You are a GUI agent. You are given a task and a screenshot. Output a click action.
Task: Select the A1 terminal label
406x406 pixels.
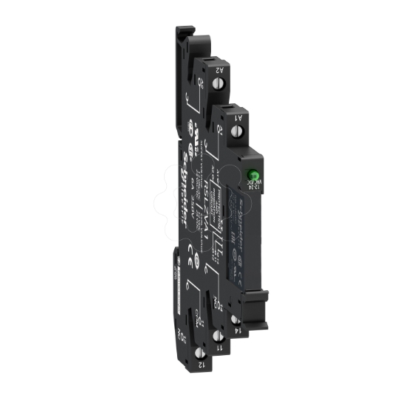pyautogui.click(x=237, y=117)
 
